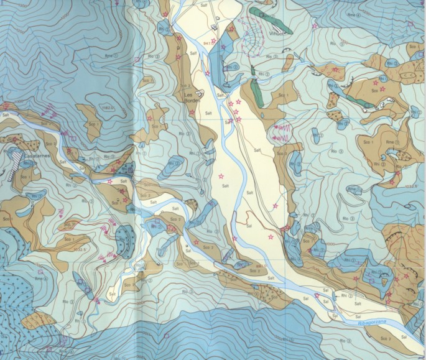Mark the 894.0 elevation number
coord(259,265)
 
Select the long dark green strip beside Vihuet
coord(265,12)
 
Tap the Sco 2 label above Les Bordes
coord(185,86)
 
